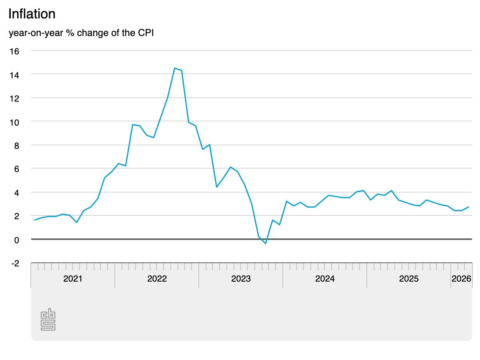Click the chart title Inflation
pos(32,14)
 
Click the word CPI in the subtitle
pos(145,33)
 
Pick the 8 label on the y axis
pos(16,145)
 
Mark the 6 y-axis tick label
pos(16,169)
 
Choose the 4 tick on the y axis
pos(16,192)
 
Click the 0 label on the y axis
pos(16,240)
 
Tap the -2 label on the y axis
pos(15,263)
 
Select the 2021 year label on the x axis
pos(73,279)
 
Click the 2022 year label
pos(157,279)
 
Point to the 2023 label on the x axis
pos(241,279)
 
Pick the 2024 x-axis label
pos(325,279)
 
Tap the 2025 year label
pos(409,279)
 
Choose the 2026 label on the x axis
pos(461,279)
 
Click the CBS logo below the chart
pos(48,319)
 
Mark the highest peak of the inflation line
pos(175,68)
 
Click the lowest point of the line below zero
pos(266,244)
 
